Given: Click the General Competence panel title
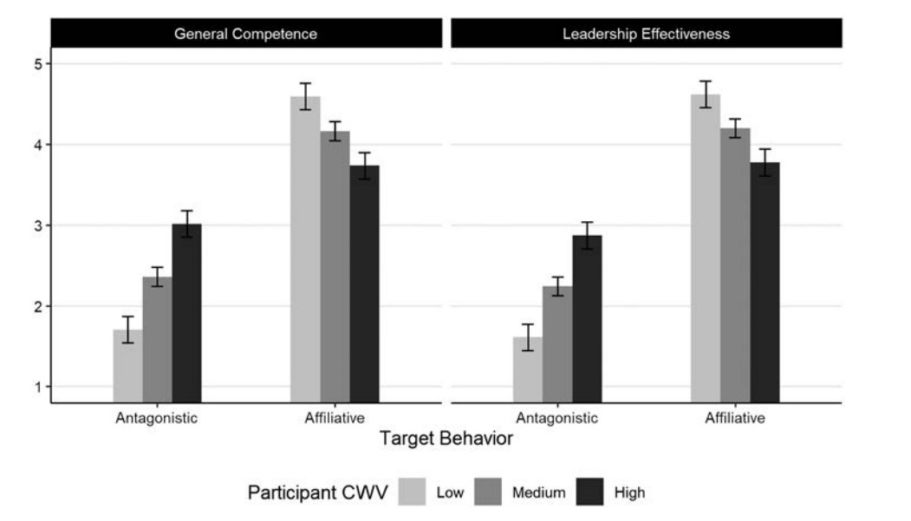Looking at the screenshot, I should [245, 35].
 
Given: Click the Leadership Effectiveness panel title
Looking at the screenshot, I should [646, 35].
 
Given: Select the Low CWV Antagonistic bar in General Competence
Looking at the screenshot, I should [127, 364].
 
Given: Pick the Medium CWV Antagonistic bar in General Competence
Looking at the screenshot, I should [157, 338].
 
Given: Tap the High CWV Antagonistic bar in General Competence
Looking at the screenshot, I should [186, 312].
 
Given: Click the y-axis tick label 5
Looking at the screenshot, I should [39, 63].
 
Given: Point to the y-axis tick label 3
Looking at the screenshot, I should [39, 225].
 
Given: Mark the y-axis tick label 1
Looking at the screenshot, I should [39, 387].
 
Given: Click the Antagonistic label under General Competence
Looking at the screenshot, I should [157, 418].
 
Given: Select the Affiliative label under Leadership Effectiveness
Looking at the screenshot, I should [735, 418].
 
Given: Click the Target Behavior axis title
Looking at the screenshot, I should [446, 439].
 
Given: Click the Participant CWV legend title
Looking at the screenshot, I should [318, 492].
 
